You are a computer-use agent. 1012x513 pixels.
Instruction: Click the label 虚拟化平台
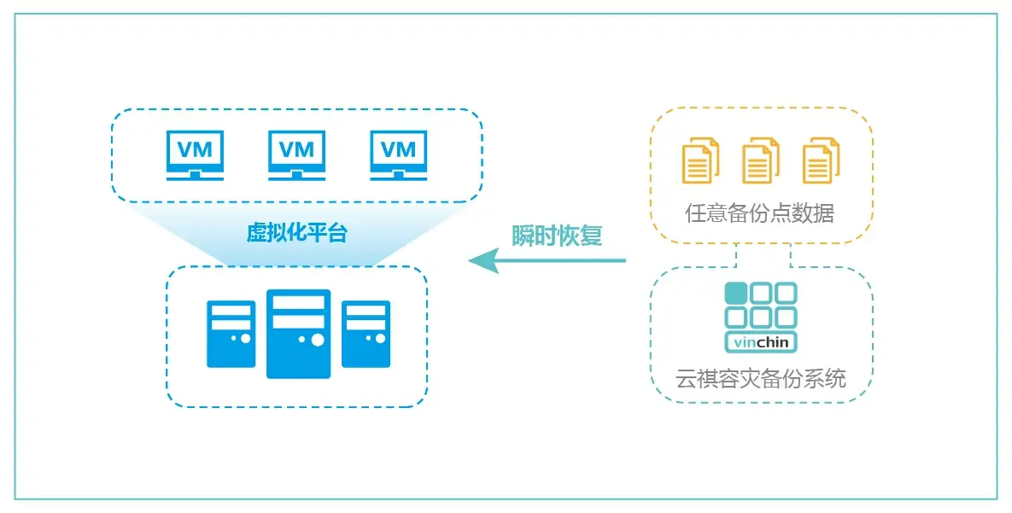297,233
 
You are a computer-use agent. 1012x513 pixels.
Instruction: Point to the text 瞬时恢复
557,236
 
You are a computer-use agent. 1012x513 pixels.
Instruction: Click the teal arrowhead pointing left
483,260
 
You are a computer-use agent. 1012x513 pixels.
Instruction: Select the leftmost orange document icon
700,160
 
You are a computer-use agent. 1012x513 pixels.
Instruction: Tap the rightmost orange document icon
821,160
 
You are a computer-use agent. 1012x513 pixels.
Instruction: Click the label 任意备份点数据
760,213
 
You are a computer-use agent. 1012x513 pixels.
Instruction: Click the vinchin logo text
761,343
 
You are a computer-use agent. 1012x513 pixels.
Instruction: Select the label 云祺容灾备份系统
761,378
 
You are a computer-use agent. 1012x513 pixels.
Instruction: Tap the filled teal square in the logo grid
735,294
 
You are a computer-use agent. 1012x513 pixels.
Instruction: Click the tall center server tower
298,334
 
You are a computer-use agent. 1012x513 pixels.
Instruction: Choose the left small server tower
231,334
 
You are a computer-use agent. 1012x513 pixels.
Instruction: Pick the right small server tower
366,334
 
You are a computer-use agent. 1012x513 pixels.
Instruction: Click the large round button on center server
318,340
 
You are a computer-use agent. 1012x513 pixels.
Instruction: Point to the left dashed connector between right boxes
736,255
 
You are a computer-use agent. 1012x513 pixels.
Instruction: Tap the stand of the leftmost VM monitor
195,175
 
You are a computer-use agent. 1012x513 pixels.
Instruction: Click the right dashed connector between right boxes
791,255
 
